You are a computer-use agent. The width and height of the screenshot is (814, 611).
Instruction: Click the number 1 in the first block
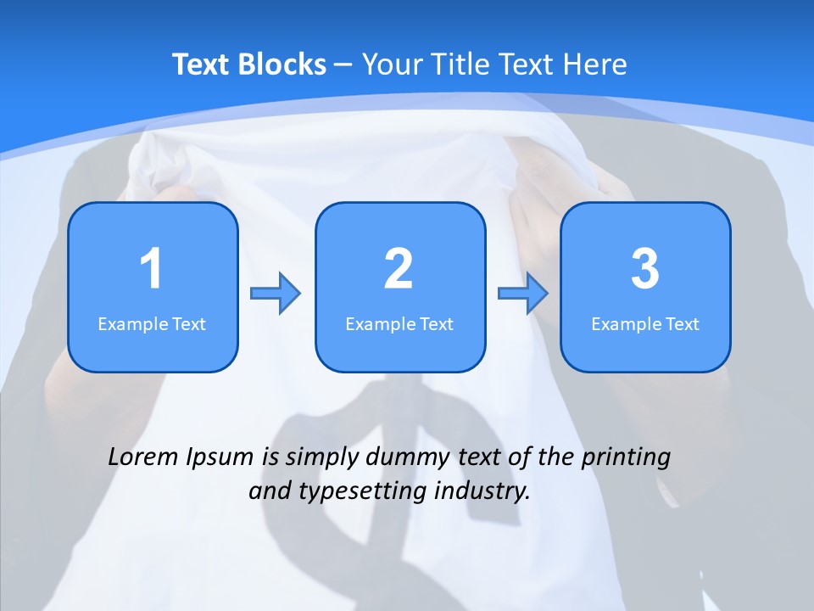point(151,269)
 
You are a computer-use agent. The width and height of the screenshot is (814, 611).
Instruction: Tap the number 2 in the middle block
point(399,269)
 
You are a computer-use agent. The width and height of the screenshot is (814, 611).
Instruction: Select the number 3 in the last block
point(645,269)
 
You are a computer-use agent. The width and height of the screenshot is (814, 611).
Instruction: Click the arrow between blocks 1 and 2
point(276,294)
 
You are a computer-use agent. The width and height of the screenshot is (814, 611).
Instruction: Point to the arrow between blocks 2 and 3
point(522,294)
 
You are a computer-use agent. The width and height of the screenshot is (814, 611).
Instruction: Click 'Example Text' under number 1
point(152,323)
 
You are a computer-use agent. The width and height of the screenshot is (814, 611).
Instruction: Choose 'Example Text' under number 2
point(399,323)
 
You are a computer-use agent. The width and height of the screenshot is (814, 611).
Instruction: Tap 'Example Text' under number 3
point(645,323)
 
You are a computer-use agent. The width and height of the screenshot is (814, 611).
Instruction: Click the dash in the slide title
point(343,64)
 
